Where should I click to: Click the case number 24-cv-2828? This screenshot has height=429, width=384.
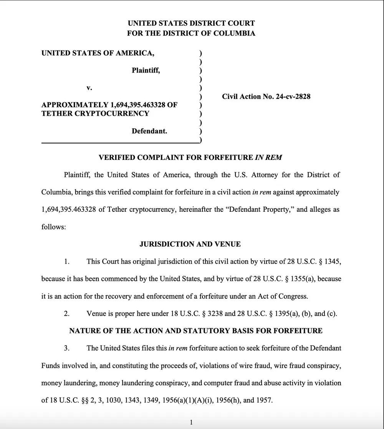click(x=293, y=97)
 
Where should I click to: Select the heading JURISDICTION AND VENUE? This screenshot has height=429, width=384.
click(x=190, y=244)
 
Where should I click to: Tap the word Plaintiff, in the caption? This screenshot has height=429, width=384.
click(x=146, y=71)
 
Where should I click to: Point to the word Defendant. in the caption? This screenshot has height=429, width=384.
click(x=149, y=131)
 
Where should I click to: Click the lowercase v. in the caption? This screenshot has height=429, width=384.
click(x=89, y=88)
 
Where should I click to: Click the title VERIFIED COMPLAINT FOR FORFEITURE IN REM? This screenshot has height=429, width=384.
click(x=190, y=158)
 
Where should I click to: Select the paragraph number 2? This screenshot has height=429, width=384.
click(x=66, y=314)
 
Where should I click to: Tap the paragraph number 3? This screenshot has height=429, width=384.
click(x=66, y=348)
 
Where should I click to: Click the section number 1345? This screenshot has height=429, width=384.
click(x=333, y=262)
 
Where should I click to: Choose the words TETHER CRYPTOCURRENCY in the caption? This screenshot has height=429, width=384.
click(x=95, y=113)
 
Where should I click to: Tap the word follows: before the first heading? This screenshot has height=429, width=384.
click(x=53, y=227)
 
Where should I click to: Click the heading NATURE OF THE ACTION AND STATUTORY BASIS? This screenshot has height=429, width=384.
click(x=196, y=331)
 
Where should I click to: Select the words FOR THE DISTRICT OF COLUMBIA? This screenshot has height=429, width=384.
click(x=191, y=33)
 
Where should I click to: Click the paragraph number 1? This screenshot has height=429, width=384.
click(x=66, y=262)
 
